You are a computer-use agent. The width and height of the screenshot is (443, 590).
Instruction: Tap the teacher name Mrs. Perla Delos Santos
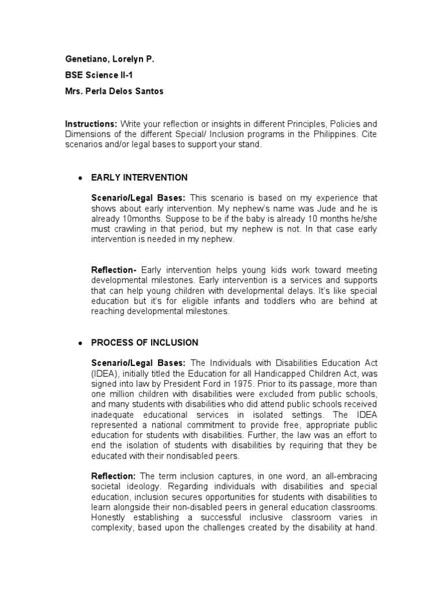[x=114, y=91]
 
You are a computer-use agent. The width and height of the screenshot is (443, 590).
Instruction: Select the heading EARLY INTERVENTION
[x=139, y=177]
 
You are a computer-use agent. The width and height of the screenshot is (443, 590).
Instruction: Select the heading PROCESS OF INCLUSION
[x=144, y=343]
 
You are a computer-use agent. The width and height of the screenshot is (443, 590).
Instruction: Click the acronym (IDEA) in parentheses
[x=104, y=373]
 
